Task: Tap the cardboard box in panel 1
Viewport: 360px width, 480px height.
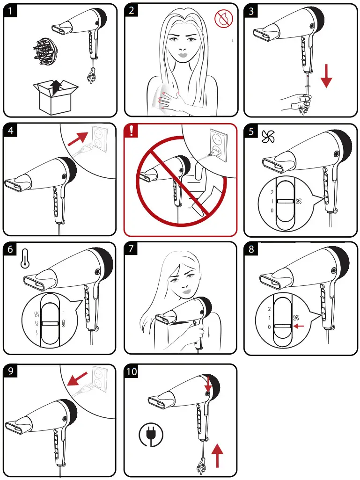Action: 55,96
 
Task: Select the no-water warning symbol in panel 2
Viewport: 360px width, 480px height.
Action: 223,19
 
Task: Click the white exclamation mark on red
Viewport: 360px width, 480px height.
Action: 132,131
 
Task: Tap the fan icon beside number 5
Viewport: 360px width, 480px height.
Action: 268,137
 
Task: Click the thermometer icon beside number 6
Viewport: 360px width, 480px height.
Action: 25,259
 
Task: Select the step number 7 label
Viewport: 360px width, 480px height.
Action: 131,248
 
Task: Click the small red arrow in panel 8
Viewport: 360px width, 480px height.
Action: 298,326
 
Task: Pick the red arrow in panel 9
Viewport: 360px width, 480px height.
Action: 77,379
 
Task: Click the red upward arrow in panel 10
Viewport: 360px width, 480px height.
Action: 217,456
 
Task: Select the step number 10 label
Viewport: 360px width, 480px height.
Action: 132,371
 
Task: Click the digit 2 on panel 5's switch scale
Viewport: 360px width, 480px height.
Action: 272,192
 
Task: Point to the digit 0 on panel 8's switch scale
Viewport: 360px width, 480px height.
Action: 269,327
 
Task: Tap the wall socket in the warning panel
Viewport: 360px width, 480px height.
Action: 218,145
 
